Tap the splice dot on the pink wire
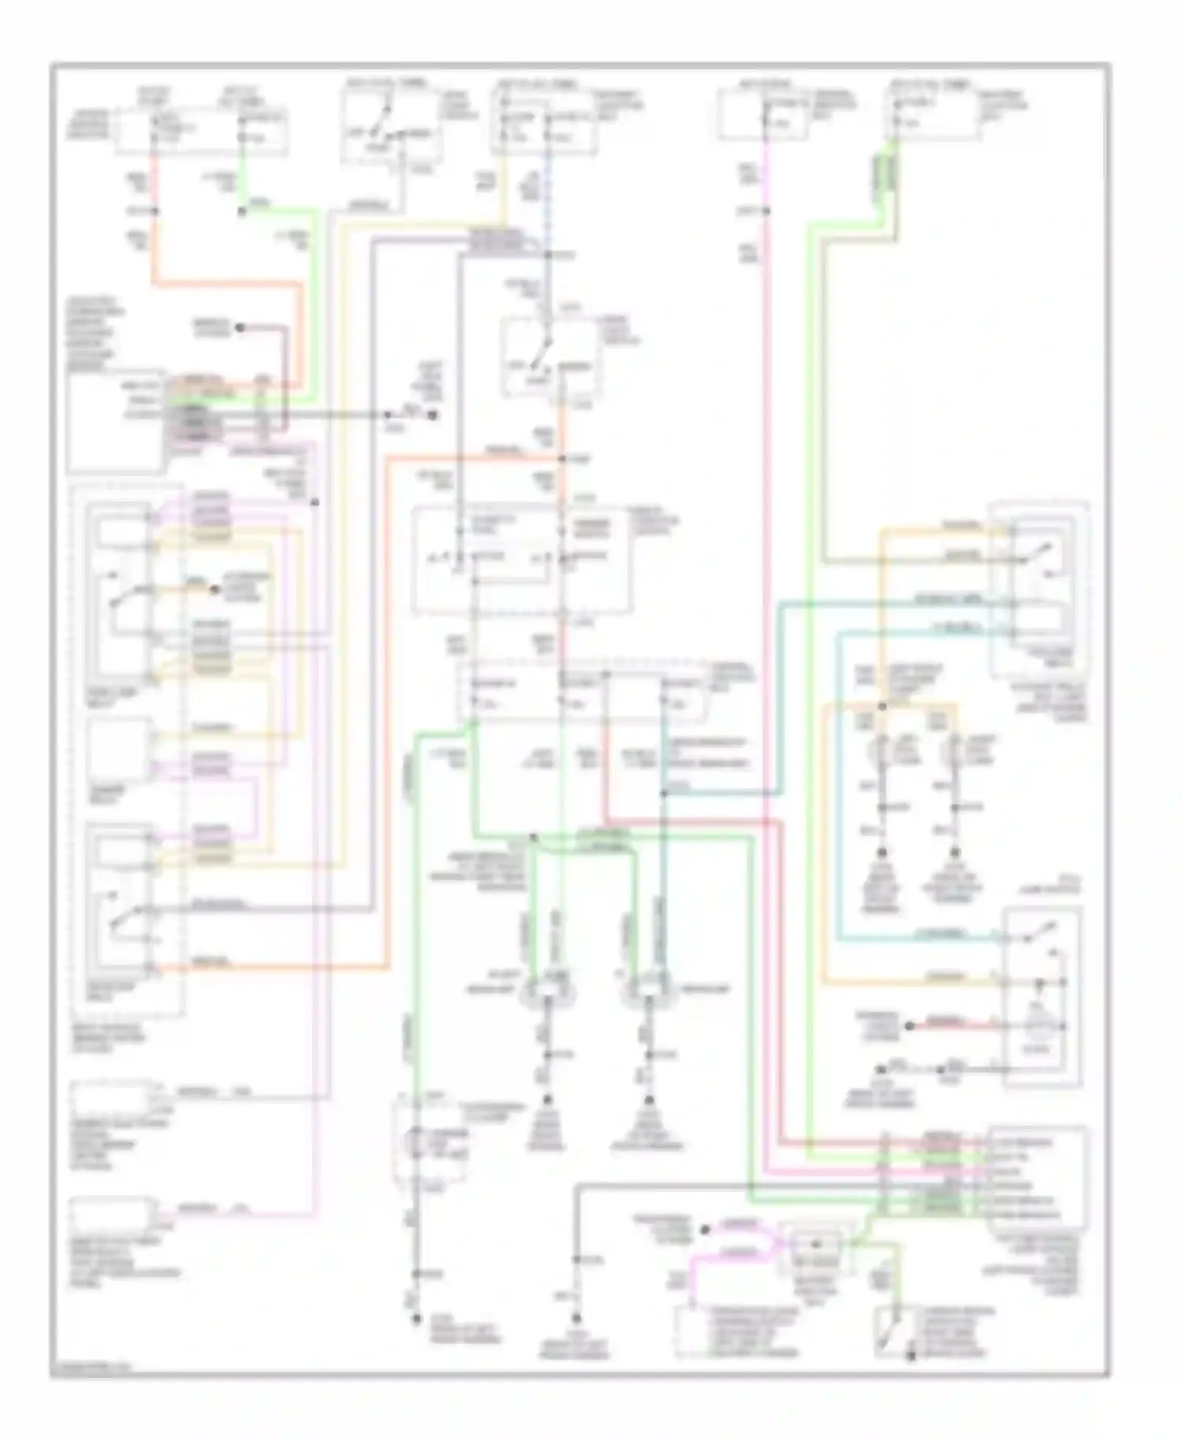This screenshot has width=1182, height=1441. click(x=765, y=211)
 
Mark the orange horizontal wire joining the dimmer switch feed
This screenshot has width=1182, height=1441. click(x=473, y=459)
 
